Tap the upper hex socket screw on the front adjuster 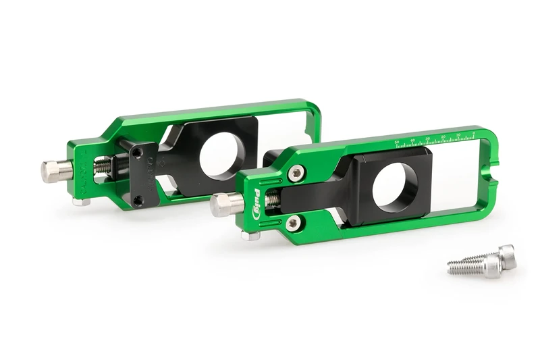point(296,174)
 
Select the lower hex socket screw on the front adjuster point(292,223)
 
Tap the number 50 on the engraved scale point(397,143)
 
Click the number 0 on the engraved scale point(473,133)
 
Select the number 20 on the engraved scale point(443,137)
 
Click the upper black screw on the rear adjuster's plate point(137,153)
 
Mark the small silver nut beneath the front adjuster point(250,236)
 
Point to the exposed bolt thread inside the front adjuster point(271,201)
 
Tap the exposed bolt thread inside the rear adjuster point(103,165)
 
